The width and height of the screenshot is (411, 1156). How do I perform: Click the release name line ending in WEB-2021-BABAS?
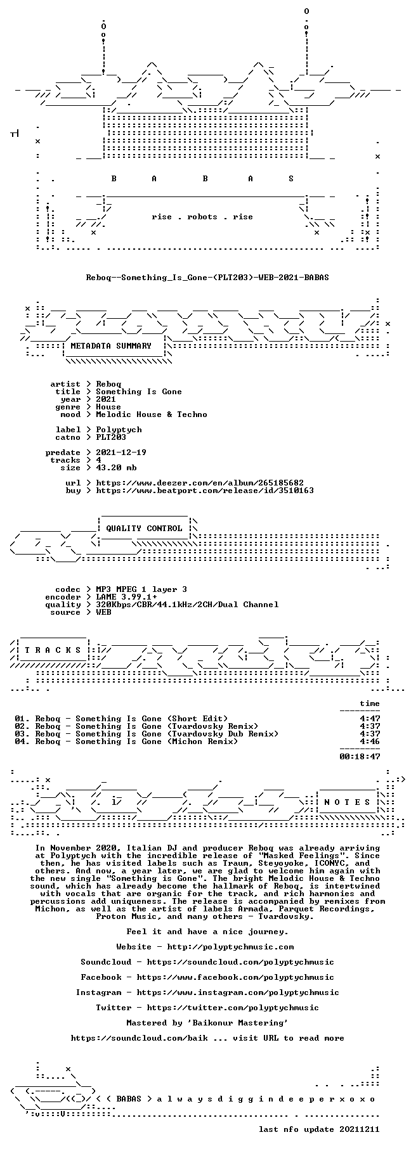pos(207,278)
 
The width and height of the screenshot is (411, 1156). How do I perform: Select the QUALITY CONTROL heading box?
pos(144,529)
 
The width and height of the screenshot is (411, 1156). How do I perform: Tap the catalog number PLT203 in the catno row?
pos(111,437)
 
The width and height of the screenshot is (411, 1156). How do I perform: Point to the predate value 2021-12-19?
pos(121,453)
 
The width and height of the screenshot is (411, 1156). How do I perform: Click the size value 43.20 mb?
pos(116,468)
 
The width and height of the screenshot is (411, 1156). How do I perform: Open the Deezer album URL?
pos(200,483)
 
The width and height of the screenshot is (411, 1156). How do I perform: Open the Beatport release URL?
pos(205,491)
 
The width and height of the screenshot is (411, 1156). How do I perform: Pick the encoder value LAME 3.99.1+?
pos(126,597)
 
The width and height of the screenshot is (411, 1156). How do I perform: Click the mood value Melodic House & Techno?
pos(152,414)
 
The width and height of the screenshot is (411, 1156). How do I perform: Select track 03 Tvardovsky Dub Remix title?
pos(157,734)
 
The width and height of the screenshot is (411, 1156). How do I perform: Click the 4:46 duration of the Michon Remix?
pos(370,742)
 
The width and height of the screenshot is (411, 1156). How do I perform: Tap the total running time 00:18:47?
pos(360,757)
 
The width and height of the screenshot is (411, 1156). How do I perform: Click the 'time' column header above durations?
pos(370,703)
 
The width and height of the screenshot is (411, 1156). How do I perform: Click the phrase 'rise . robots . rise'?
pos(202,217)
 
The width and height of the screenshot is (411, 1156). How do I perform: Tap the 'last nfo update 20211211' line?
pos(319,1129)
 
